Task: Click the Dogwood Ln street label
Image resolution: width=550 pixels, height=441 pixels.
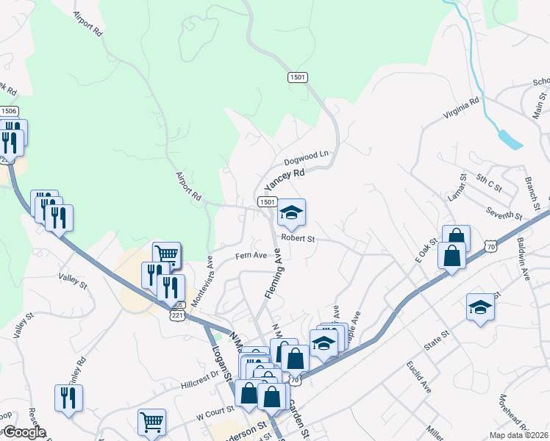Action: pyautogui.click(x=306, y=159)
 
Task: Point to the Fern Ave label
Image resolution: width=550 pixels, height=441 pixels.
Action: pyautogui.click(x=250, y=256)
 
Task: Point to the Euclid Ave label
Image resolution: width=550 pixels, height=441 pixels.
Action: pyautogui.click(x=418, y=374)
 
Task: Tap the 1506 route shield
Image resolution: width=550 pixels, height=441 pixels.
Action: pyautogui.click(x=9, y=111)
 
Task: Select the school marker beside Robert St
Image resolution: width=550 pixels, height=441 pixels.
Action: pyautogui.click(x=291, y=212)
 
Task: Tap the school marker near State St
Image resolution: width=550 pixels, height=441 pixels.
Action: pyautogui.click(x=480, y=306)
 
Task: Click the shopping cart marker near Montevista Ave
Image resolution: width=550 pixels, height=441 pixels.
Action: pyautogui.click(x=167, y=254)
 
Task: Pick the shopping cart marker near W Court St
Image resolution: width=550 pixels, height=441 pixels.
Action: pyautogui.click(x=151, y=421)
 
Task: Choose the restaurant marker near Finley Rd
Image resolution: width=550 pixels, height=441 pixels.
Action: pyautogui.click(x=68, y=398)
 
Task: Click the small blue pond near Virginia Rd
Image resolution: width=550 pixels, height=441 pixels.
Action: pyautogui.click(x=510, y=138)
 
